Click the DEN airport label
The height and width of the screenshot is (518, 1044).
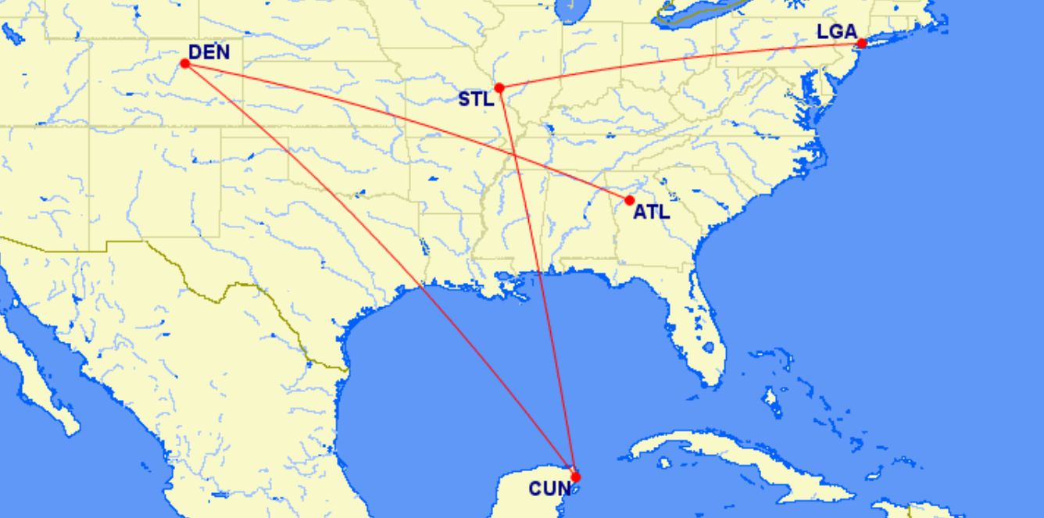coord(209,52)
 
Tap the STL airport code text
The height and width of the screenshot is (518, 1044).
coord(476,99)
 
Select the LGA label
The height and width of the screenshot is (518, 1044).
coord(837,33)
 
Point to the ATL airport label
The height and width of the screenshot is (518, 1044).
coord(651,211)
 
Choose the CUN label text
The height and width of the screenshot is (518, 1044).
coord(549,489)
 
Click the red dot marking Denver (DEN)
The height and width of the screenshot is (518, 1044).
coord(185,63)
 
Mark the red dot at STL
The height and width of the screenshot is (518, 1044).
coord(499,88)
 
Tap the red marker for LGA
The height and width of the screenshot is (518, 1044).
coord(861,44)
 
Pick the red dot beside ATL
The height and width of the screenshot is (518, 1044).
coord(630,200)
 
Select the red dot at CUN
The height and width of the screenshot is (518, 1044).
coord(576,477)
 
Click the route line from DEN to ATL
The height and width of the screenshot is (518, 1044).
coord(352,109)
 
